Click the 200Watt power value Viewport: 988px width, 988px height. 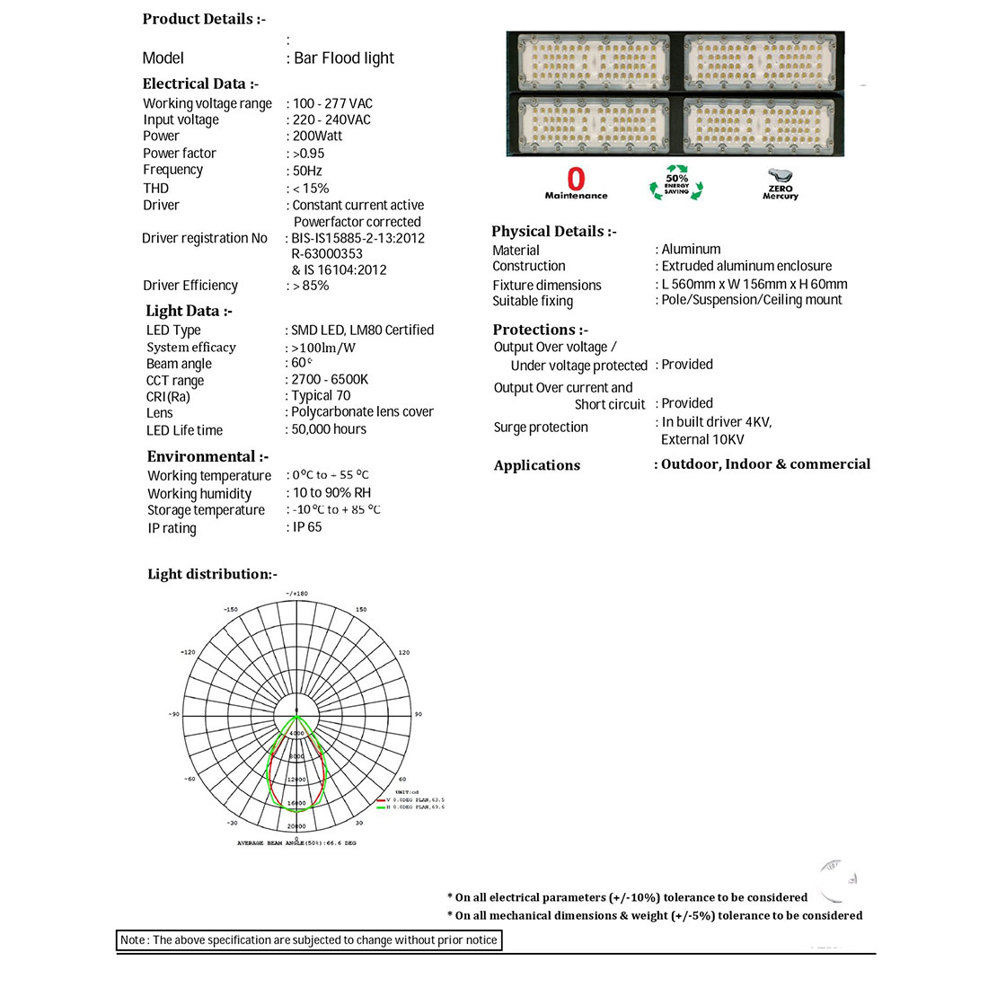[x=318, y=137]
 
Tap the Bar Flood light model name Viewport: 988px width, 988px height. [x=344, y=58]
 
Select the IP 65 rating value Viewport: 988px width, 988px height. [x=307, y=527]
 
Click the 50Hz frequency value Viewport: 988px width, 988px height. [x=307, y=171]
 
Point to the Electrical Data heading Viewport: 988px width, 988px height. [x=200, y=84]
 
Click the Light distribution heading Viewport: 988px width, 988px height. [x=212, y=574]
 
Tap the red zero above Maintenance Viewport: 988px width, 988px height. [x=576, y=179]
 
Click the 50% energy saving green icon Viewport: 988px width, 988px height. [x=676, y=181]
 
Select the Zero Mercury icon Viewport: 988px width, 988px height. [x=780, y=183]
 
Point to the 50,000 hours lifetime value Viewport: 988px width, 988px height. [x=329, y=429]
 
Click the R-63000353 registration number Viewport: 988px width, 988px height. [x=327, y=254]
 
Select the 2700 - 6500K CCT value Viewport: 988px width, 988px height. [x=330, y=379]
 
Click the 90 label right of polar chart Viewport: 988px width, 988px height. [x=418, y=714]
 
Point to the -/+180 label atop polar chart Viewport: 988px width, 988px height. [x=296, y=594]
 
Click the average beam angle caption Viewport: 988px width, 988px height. [x=296, y=843]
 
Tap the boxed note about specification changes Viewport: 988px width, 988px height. [x=309, y=939]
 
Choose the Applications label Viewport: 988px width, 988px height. [x=537, y=465]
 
